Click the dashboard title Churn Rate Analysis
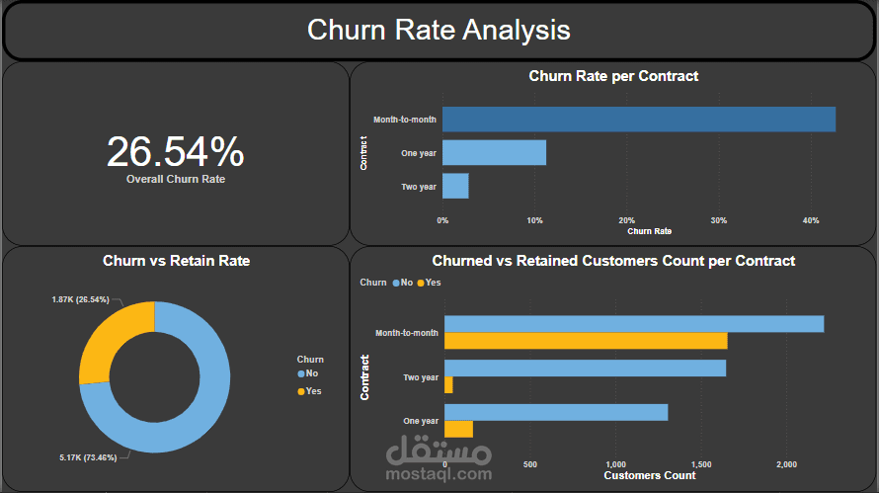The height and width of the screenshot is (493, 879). [x=439, y=30]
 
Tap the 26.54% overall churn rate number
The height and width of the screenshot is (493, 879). [x=175, y=152]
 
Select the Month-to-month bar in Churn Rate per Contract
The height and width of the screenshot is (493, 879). [x=638, y=120]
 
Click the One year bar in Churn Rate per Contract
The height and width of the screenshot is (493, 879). [x=494, y=152]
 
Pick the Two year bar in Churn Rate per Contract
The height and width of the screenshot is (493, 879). [x=455, y=186]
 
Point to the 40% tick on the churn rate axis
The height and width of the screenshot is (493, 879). [x=811, y=220]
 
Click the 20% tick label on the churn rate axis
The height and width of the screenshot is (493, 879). [x=626, y=220]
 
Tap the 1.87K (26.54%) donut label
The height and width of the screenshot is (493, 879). [x=81, y=298]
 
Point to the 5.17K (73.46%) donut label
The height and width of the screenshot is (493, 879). [x=89, y=457]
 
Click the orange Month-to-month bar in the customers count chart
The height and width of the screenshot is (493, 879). [x=586, y=341]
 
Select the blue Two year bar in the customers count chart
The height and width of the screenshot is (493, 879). [x=585, y=369]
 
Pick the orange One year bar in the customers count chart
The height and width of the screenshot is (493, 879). [x=458, y=429]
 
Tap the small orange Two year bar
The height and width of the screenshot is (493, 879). [x=448, y=385]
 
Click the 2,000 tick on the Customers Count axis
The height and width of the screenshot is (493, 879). [x=786, y=464]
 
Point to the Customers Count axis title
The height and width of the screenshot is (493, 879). [x=649, y=475]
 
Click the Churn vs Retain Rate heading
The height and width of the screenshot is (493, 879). [x=176, y=262]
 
